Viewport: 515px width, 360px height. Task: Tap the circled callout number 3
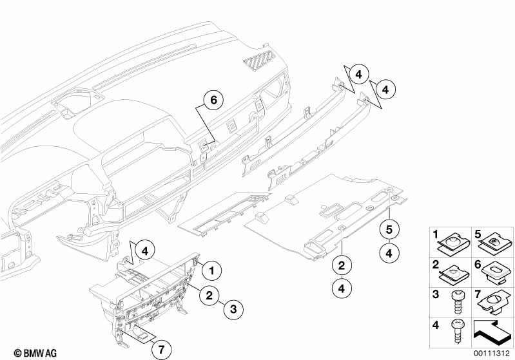(233, 310)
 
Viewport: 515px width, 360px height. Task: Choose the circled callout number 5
(389, 228)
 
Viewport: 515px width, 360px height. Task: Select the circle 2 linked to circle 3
(208, 296)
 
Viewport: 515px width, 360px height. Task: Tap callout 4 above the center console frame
(144, 250)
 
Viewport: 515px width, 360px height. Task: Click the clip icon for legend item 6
(497, 271)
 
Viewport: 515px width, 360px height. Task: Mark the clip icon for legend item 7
(497, 301)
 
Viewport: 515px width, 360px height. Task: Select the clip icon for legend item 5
(497, 242)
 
